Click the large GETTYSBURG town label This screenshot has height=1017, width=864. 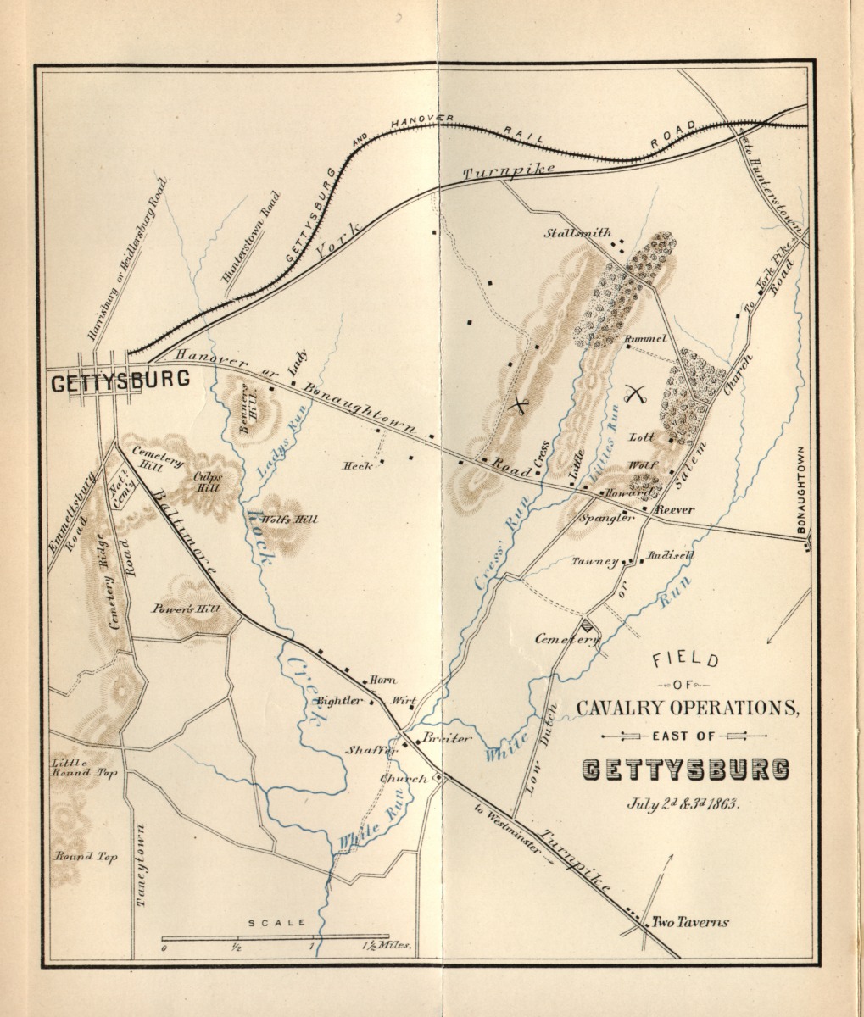(120, 381)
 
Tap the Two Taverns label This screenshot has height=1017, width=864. (690, 923)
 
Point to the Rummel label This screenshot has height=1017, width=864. (646, 339)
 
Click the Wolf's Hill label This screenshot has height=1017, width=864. (291, 520)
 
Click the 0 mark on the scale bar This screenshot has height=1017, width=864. (164, 948)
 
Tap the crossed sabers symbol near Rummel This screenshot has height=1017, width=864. (635, 392)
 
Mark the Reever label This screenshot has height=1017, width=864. (674, 510)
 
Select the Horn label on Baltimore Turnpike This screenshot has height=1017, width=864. (383, 681)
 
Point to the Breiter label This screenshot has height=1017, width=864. (447, 738)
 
